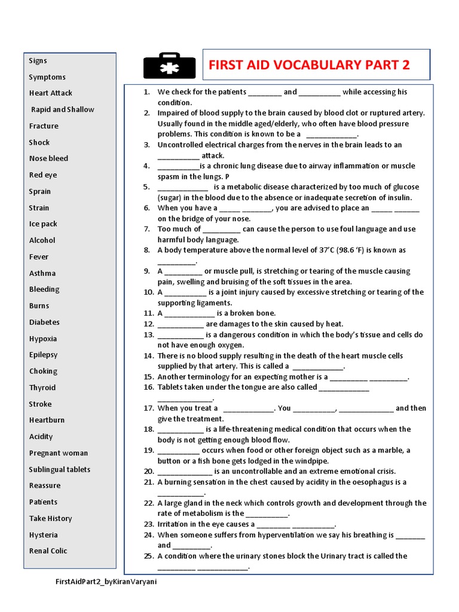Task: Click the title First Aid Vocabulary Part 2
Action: tap(310, 65)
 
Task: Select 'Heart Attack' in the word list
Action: tap(51, 93)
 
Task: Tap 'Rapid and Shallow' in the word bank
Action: tap(63, 109)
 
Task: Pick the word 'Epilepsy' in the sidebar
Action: tap(44, 354)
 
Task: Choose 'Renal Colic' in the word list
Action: tap(48, 551)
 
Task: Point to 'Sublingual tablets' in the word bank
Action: tap(60, 469)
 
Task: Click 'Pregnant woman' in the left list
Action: tap(59, 453)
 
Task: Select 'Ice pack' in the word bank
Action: tap(44, 224)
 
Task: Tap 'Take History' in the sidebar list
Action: tap(51, 518)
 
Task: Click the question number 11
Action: tap(149, 313)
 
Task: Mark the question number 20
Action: tap(149, 472)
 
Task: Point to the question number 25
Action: tap(149, 556)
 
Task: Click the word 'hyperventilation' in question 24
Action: tap(281, 535)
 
